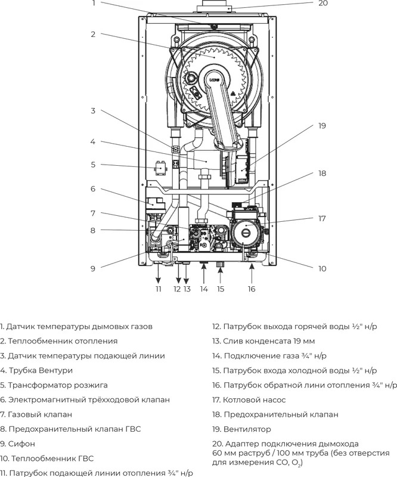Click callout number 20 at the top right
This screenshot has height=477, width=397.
[322, 4]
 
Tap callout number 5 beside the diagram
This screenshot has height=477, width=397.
[93, 165]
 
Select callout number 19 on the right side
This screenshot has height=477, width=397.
[322, 126]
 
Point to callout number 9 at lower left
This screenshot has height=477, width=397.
[93, 269]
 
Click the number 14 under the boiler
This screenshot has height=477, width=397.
[204, 289]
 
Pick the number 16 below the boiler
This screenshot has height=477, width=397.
[252, 289]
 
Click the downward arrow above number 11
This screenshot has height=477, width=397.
[158, 274]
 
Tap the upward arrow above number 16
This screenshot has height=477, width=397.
[252, 274]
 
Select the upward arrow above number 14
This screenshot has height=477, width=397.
[204, 274]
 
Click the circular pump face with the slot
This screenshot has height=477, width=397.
[246, 234]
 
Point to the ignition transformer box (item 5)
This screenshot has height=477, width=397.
[160, 168]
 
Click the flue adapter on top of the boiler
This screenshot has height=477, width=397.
[214, 9]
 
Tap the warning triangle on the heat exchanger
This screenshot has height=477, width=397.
[234, 94]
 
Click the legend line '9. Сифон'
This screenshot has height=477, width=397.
[18, 444]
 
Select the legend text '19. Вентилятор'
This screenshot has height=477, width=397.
[241, 429]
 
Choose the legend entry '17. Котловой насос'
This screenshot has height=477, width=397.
[249, 399]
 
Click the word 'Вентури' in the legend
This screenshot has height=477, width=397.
[55, 370]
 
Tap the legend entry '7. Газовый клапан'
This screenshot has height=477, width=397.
[36, 414]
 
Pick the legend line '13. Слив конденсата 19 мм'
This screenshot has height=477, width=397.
[263, 341]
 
